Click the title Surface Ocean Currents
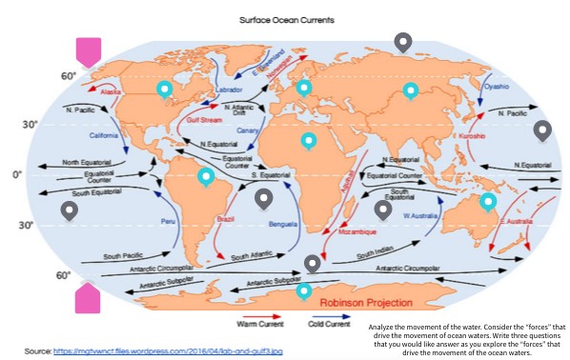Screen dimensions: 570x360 (285, 17)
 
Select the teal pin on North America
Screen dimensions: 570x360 (164, 90)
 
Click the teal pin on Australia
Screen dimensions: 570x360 (487, 201)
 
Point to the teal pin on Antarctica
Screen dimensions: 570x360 (304, 290)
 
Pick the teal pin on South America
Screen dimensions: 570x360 (206, 176)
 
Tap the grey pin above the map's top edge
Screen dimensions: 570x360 (403, 41)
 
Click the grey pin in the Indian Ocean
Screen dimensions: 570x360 (382, 210)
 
